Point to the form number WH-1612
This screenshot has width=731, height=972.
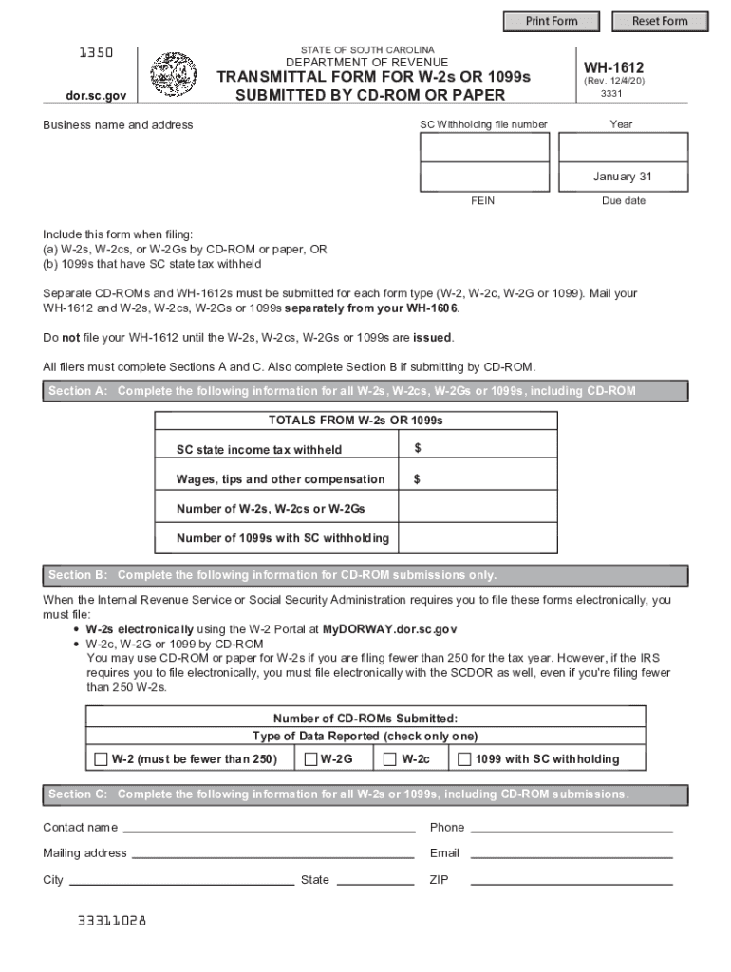pyautogui.click(x=613, y=67)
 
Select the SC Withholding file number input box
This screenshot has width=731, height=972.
pyautogui.click(x=484, y=147)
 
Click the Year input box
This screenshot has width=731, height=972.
pyautogui.click(x=623, y=147)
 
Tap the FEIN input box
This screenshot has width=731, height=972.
pyautogui.click(x=484, y=178)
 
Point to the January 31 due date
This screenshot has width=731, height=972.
pyautogui.click(x=623, y=178)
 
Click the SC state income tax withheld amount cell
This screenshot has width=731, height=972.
pyautogui.click(x=478, y=449)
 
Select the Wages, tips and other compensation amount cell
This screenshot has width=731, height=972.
pyautogui.click(x=478, y=479)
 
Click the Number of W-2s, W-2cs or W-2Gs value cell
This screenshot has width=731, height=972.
pyautogui.click(x=478, y=509)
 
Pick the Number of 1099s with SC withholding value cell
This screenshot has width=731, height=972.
pyautogui.click(x=478, y=538)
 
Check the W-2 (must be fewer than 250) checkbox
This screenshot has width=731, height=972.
pyautogui.click(x=102, y=759)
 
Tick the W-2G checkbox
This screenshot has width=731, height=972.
pyautogui.click(x=310, y=759)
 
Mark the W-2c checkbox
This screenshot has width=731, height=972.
pyautogui.click(x=390, y=759)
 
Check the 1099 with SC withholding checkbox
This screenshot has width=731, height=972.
pyautogui.click(x=464, y=759)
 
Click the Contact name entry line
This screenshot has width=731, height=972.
pyautogui.click(x=269, y=827)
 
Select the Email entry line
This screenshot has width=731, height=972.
pyautogui.click(x=572, y=852)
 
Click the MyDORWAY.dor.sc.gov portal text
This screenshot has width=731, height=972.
pyautogui.click(x=390, y=629)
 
